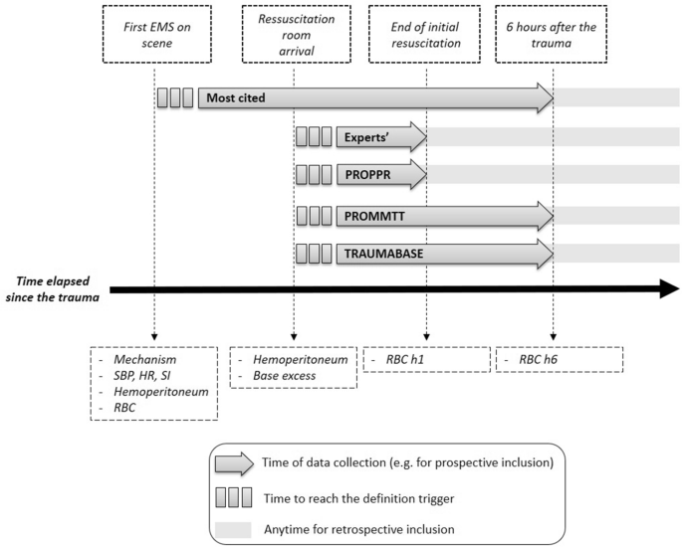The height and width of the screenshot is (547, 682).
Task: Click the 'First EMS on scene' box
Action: point(155,35)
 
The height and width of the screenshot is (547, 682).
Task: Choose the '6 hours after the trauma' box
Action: point(553,35)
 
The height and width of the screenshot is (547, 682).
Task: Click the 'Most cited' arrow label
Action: point(231,97)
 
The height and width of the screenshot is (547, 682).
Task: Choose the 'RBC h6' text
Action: point(539,358)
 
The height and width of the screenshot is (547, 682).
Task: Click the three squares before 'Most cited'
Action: point(174,97)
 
